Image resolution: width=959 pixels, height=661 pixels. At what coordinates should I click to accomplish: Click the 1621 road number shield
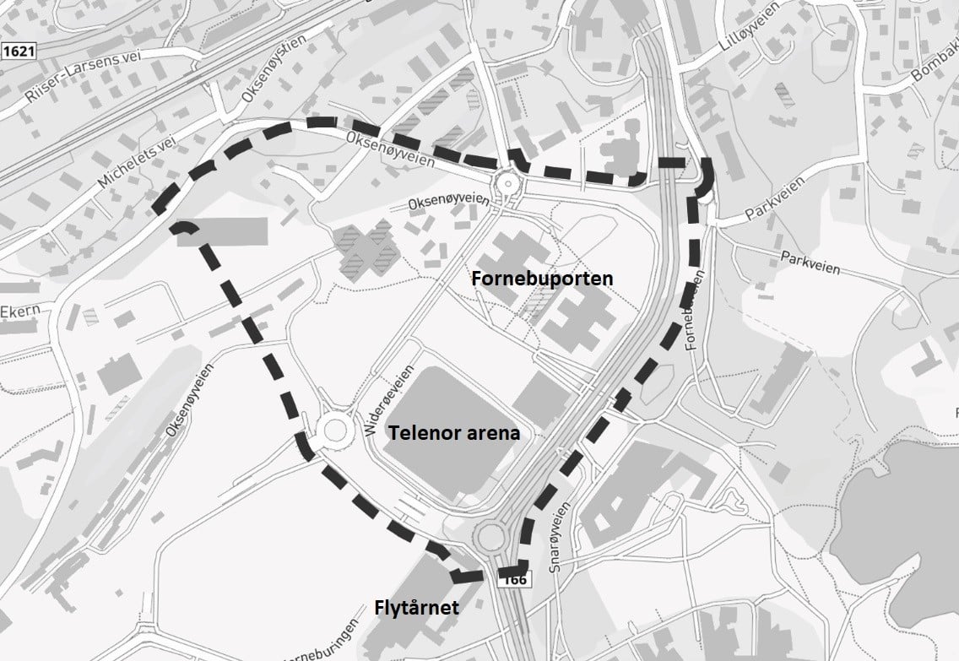point(18,51)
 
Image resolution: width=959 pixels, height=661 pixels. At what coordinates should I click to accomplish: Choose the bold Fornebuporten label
point(542,278)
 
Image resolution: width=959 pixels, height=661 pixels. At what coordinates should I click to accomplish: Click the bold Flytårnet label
point(417,607)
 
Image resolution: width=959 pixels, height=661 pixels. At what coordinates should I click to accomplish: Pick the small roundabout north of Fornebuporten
point(507,182)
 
